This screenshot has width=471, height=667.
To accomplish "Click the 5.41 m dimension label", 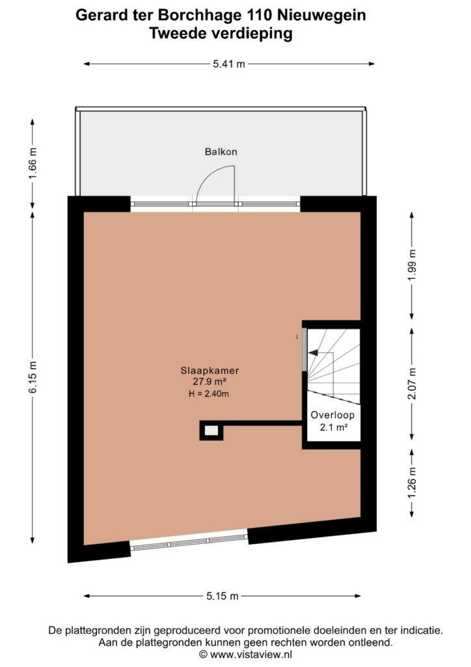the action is pos(229,64).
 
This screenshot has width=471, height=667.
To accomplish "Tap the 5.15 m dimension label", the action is pos(222,596).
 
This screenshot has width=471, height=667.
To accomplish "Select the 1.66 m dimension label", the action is pos(33,163).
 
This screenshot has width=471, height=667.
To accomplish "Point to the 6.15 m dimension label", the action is pos(33,377).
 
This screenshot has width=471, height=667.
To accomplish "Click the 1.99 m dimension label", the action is pos(412,266).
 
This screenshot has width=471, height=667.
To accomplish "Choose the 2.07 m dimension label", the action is pos(412,384).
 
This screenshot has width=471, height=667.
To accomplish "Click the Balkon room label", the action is pos(221,152).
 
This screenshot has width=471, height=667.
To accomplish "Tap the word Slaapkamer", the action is pos(209,371).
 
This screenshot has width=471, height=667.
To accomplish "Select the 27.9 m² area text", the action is pos(209,382).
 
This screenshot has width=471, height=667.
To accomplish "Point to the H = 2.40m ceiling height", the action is pos(209,394).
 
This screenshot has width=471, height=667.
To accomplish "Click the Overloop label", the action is pos(332,415).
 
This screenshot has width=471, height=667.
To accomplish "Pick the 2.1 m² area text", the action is pos(334,427).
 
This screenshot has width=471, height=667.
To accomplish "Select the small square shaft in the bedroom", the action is pos(211,431).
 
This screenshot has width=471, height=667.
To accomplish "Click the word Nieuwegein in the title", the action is pos(321,16).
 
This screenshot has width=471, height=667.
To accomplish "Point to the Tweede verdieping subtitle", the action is pos(221,33).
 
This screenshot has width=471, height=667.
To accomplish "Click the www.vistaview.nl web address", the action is pos(251,654).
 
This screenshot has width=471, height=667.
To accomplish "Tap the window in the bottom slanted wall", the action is pos(189,543).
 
